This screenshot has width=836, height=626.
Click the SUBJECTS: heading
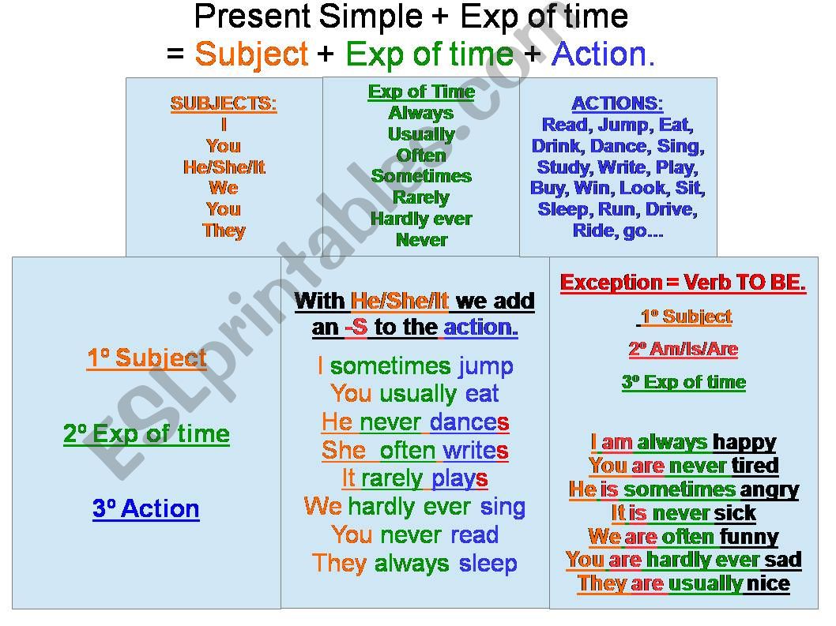tap(224, 103)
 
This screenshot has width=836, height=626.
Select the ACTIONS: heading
tap(617, 103)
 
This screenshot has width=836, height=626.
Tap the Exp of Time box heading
tap(421, 92)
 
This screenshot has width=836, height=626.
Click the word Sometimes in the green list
tap(421, 176)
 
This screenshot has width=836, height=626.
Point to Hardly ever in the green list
tap(421, 219)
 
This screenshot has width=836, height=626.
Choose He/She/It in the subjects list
tap(224, 167)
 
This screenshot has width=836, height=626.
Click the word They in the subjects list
tap(224, 231)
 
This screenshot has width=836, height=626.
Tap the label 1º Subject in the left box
tap(147, 358)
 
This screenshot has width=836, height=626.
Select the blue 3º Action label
tap(146, 509)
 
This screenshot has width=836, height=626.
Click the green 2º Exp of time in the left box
tap(147, 434)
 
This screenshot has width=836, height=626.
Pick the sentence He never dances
tap(415, 422)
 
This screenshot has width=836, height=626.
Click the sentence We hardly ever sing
tap(415, 507)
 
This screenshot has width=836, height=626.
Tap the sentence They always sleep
tap(415, 564)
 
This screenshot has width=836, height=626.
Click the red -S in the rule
tap(356, 328)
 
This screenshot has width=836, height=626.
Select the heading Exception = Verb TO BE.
tap(683, 283)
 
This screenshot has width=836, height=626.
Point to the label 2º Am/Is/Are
tap(683, 349)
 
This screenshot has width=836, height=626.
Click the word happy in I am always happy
tap(744, 442)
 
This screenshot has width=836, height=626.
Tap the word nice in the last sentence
tap(768, 584)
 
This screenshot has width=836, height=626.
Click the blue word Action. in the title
tap(604, 54)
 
